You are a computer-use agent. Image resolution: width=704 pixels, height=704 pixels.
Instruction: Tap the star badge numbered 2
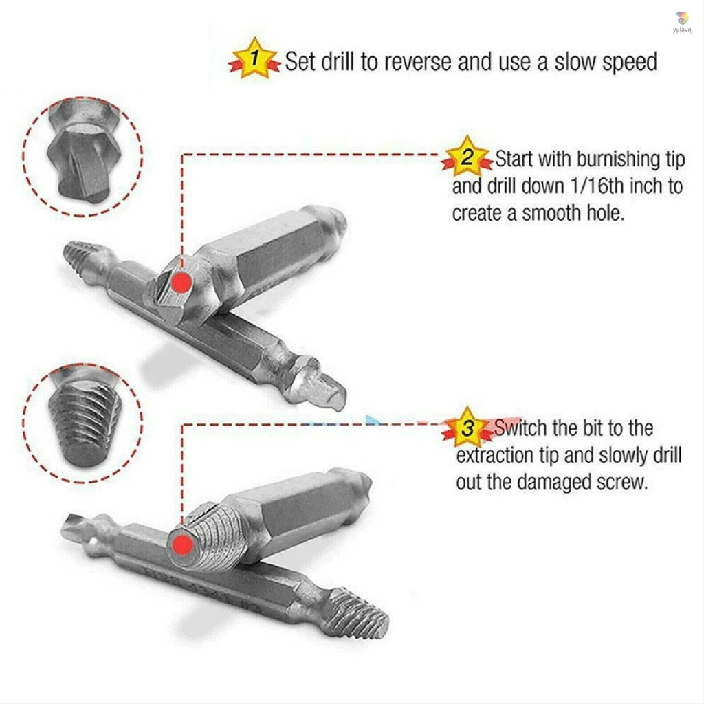(x=467, y=157)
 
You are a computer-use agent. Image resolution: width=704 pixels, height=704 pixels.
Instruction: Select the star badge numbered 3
(x=468, y=428)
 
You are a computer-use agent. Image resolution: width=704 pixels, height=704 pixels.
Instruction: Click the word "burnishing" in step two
(x=617, y=159)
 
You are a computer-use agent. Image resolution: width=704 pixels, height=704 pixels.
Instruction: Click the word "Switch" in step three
(x=521, y=428)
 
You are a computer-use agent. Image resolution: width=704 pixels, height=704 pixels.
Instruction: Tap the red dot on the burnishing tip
(x=181, y=282)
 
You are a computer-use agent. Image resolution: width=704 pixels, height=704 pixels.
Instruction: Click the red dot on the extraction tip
(x=182, y=546)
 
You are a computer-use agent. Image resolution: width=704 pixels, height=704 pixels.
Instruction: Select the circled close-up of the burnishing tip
(x=82, y=157)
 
